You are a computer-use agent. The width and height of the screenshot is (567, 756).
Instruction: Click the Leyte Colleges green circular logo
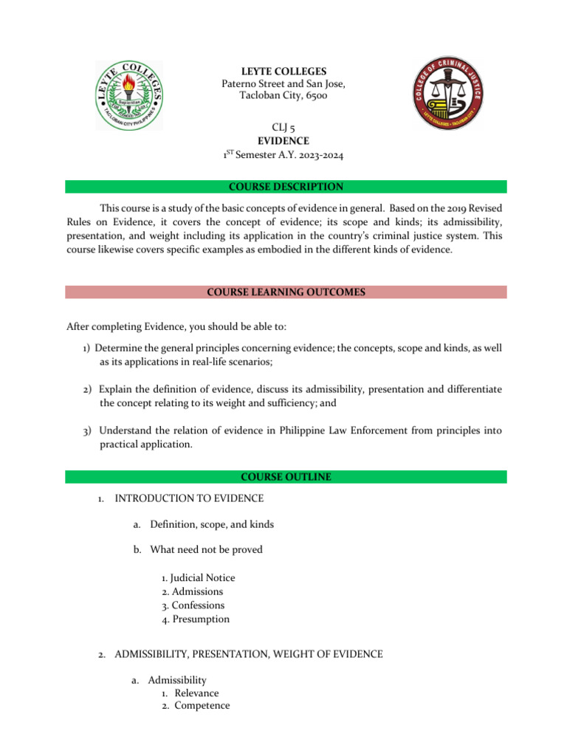click(130, 94)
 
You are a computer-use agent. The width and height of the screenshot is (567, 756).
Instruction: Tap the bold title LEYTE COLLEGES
click(284, 72)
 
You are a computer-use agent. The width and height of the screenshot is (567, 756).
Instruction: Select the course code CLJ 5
click(284, 128)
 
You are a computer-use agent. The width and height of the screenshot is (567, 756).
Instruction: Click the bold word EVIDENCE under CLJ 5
click(284, 140)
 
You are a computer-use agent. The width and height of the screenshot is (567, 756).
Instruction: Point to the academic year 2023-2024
click(316, 154)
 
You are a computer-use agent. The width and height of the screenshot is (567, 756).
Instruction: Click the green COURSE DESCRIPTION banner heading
click(285, 187)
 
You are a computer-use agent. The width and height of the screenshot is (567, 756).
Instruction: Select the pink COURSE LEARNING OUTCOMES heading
click(285, 292)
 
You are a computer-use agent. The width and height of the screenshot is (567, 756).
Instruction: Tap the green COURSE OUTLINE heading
click(285, 478)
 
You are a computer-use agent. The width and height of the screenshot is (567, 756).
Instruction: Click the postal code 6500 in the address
click(315, 96)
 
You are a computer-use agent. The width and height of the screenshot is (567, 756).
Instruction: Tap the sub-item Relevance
click(196, 693)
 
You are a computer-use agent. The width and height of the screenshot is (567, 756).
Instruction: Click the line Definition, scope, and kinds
click(211, 524)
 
